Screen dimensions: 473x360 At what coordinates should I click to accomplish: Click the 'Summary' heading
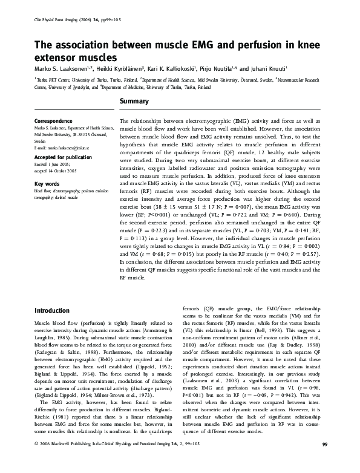tap(134, 101)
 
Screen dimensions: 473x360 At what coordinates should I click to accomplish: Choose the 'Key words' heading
tap(47, 183)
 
